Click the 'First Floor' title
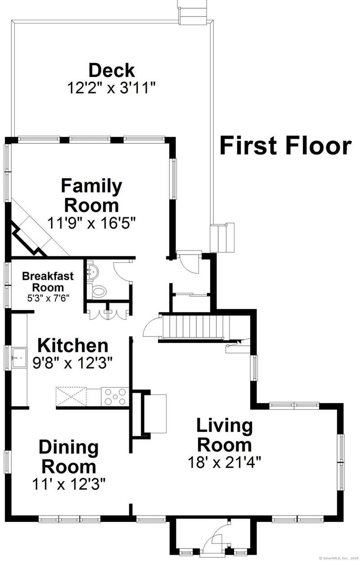pyautogui.click(x=286, y=145)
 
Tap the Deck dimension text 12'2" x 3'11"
pyautogui.click(x=112, y=88)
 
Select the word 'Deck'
pyautogui.click(x=112, y=70)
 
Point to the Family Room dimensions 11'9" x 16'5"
pyautogui.click(x=92, y=223)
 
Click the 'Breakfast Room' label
pyautogui.click(x=48, y=282)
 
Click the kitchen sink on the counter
pyautogui.click(x=19, y=357)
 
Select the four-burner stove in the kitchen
pyautogui.click(x=115, y=396)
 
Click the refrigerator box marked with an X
pyautogui.click(x=71, y=396)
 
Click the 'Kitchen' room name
pyautogui.click(x=72, y=346)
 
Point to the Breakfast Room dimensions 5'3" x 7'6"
pyautogui.click(x=48, y=298)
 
